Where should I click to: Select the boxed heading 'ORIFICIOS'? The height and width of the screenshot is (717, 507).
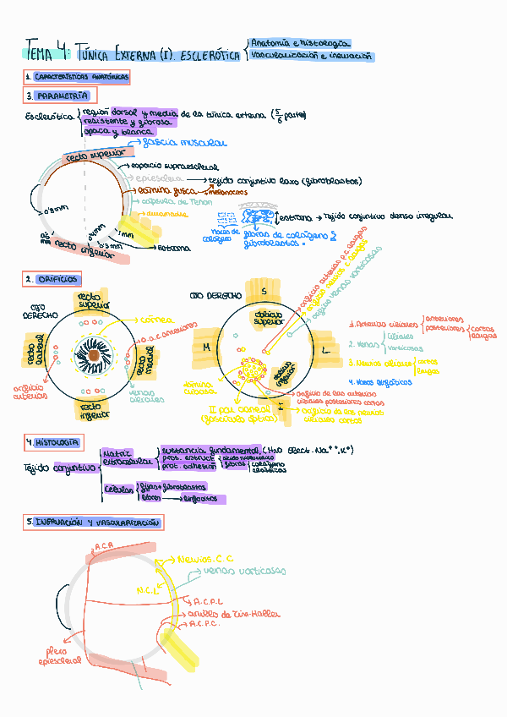52,278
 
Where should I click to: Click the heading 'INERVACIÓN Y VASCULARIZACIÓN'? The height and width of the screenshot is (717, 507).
93,523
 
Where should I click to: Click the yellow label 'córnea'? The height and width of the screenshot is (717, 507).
156,320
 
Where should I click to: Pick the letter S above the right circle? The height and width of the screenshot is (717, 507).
263,291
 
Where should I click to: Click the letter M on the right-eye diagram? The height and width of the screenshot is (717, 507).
205,347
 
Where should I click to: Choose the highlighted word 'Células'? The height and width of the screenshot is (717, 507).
118,489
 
